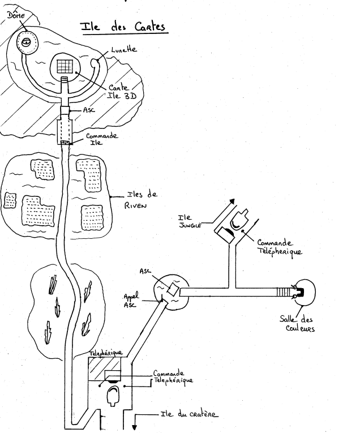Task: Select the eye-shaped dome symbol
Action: [26, 41]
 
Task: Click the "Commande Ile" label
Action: [101, 139]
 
